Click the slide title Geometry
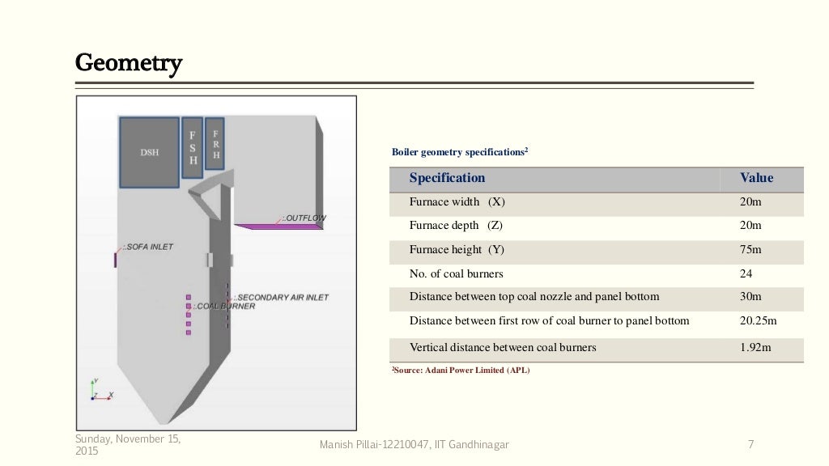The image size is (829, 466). pos(129,62)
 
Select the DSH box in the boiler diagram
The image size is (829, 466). pos(149,152)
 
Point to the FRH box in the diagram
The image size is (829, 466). pos(215,144)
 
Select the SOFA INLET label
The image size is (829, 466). pos(148,247)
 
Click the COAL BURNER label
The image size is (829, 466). pos(223,307)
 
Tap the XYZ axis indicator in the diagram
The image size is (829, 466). pos(100,391)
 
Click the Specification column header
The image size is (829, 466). pos(447,178)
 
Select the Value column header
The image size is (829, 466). pos(756,178)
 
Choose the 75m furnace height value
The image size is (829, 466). pos(750,250)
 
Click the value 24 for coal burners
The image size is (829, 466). pos(746,273)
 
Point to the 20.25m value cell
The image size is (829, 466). pos(758,321)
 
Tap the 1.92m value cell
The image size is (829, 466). pos(755,348)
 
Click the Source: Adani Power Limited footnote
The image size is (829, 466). pos(461,371)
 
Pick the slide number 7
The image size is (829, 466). pos(750,444)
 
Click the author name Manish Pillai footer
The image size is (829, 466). pos(415,444)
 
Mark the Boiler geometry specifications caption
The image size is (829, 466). pos(460,151)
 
